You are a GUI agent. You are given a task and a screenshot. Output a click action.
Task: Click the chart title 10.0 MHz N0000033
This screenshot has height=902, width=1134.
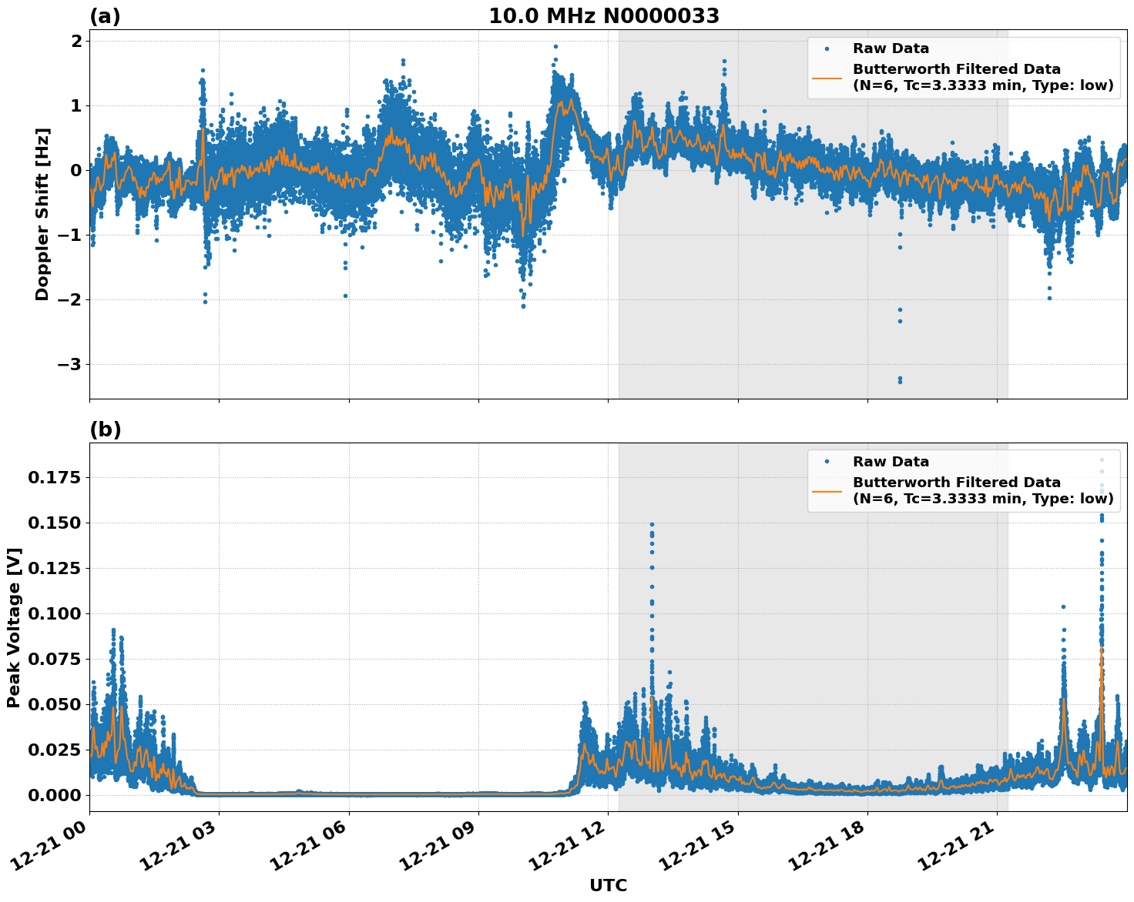604,16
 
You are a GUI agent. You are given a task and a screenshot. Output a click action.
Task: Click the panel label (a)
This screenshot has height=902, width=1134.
105,16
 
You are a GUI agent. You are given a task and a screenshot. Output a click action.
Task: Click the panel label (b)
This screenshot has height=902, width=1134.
105,429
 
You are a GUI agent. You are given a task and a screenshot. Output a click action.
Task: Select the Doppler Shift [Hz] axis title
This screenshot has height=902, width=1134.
42,215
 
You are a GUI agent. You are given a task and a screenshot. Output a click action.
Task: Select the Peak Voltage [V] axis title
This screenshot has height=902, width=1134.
14,627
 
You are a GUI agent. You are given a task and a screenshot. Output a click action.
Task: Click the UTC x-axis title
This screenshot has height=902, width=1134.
608,885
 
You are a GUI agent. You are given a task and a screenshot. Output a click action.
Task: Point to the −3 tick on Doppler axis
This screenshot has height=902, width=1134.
68,364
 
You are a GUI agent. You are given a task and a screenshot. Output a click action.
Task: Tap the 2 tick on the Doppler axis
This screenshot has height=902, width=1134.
76,41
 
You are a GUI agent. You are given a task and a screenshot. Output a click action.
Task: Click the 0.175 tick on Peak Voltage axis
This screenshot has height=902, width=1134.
54,478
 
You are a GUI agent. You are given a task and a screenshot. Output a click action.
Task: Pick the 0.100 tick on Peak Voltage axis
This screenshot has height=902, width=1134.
54,613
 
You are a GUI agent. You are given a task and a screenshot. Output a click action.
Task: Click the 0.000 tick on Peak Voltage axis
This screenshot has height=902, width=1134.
54,794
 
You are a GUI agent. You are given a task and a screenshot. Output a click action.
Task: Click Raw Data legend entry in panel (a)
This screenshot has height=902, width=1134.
891,48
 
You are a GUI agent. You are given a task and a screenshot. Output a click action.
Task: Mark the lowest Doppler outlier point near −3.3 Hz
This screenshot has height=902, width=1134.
900,382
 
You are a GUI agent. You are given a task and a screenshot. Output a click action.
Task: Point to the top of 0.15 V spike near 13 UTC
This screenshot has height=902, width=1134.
652,524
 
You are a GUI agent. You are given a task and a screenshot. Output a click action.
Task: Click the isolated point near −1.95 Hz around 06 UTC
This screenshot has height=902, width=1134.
345,296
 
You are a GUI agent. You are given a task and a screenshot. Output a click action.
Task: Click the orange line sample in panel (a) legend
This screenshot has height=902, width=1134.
827,77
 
